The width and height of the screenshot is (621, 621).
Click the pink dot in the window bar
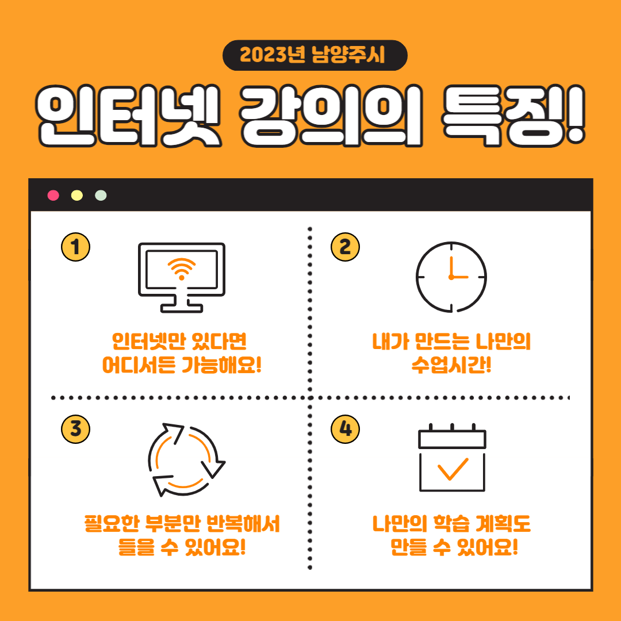[x=53, y=195]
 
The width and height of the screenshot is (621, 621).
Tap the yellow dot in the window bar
[x=77, y=195]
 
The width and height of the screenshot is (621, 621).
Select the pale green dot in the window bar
[x=101, y=195]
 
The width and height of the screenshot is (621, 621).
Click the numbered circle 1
[x=76, y=247]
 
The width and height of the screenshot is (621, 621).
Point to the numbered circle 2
[x=346, y=247]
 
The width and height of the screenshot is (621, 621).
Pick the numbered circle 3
[x=76, y=429]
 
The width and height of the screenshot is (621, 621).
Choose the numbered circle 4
[x=346, y=429]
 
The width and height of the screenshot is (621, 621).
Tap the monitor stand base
[x=181, y=308]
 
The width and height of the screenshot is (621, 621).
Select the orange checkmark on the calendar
[x=453, y=469]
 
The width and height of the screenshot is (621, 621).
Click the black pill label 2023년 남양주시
[x=315, y=55]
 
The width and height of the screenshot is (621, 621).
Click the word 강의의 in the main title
[x=331, y=116]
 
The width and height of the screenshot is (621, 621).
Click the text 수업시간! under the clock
[x=451, y=365]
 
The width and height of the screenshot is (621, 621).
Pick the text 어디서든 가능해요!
[x=182, y=365]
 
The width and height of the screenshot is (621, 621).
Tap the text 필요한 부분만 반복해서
[x=182, y=524]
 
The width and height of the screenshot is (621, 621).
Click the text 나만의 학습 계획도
[x=451, y=524]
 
